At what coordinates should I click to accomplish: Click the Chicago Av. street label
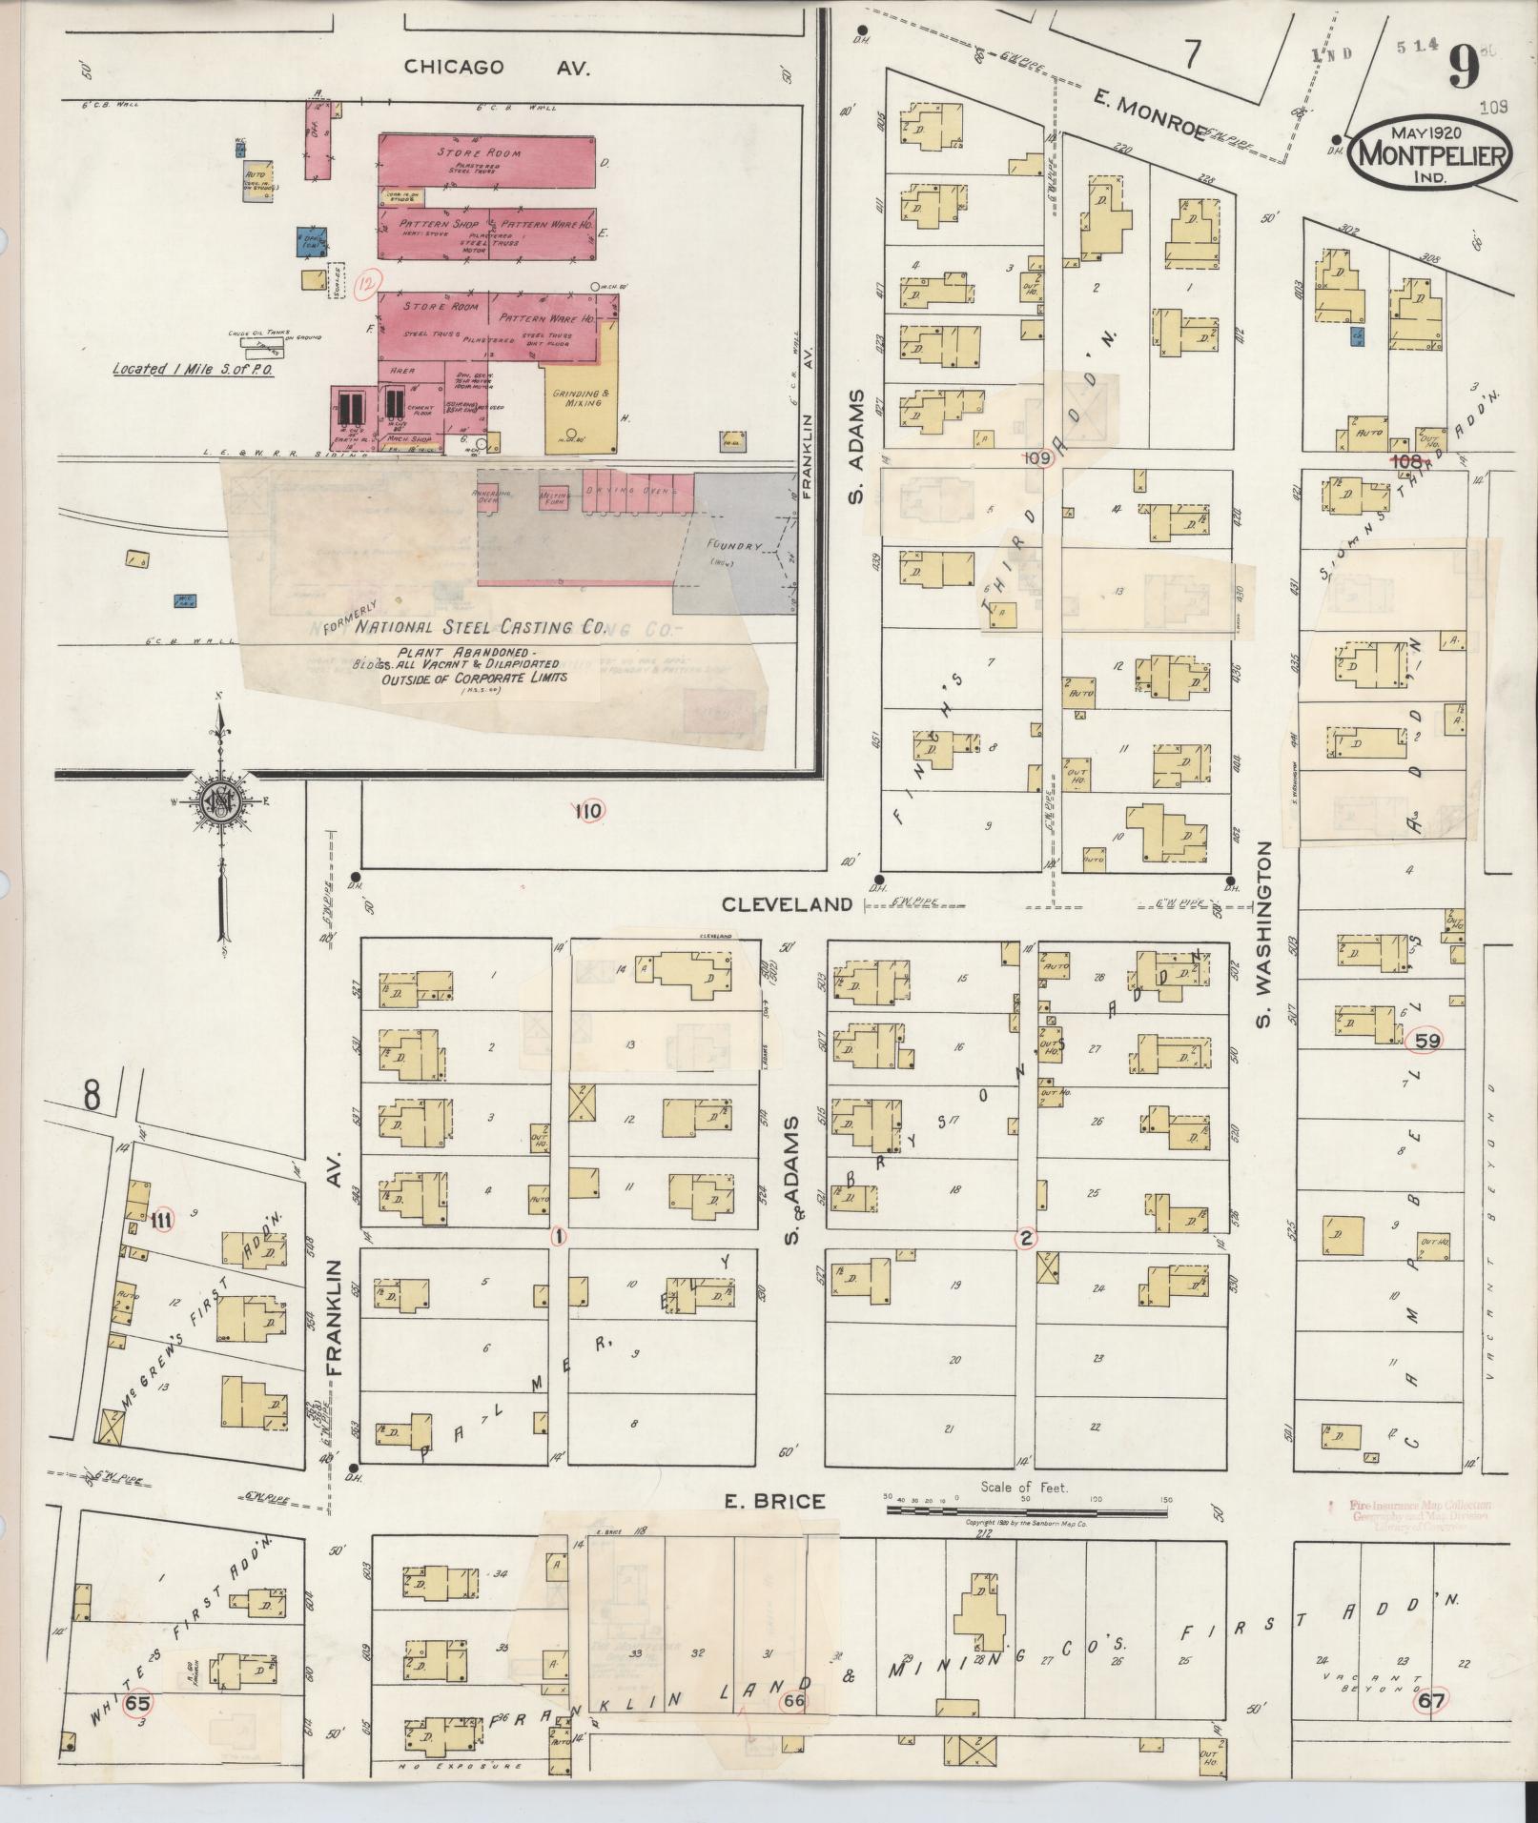point(497,67)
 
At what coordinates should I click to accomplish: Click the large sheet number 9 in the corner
point(1463,66)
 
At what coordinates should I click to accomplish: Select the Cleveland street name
point(787,903)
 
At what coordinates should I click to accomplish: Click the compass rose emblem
point(219,803)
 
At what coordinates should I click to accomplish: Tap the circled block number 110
point(588,811)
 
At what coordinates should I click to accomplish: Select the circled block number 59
point(1427,1041)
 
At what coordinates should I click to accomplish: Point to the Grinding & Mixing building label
point(578,397)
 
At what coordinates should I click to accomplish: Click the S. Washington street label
point(1264,935)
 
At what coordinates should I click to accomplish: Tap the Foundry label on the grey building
point(733,547)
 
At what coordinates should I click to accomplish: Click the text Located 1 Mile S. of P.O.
point(193,368)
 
